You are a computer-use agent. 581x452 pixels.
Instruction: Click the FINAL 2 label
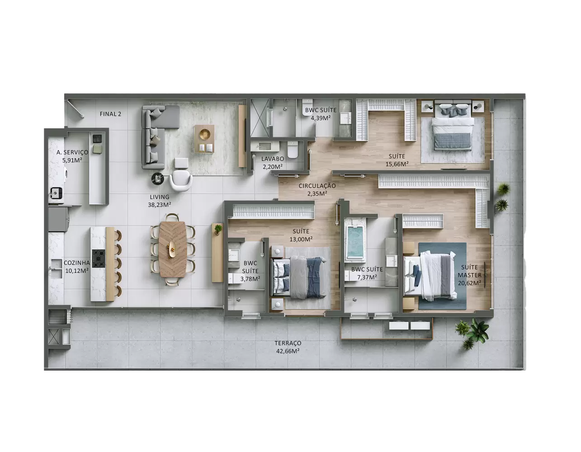point(110,114)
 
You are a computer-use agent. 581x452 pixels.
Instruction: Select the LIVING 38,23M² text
point(159,201)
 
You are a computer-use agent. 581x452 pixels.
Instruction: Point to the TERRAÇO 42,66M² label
point(288,347)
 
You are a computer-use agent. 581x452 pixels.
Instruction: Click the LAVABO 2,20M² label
point(273,163)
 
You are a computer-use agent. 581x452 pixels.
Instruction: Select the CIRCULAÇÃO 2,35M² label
point(317,189)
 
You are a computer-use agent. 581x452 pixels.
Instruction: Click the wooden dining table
point(172,250)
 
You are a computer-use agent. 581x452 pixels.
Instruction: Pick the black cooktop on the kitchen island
point(99,259)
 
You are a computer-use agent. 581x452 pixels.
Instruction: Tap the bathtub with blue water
point(354,243)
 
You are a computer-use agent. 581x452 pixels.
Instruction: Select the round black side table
point(157,179)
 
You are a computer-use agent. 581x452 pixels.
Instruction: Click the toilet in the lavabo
point(293,150)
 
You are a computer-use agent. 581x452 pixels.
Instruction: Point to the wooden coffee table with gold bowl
point(204,139)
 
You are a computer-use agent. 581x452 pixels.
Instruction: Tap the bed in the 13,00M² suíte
point(299,277)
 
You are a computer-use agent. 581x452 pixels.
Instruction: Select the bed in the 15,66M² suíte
point(453,126)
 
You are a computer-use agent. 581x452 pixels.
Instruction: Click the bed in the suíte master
point(430,276)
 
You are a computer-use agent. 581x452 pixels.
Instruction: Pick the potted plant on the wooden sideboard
point(218,229)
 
